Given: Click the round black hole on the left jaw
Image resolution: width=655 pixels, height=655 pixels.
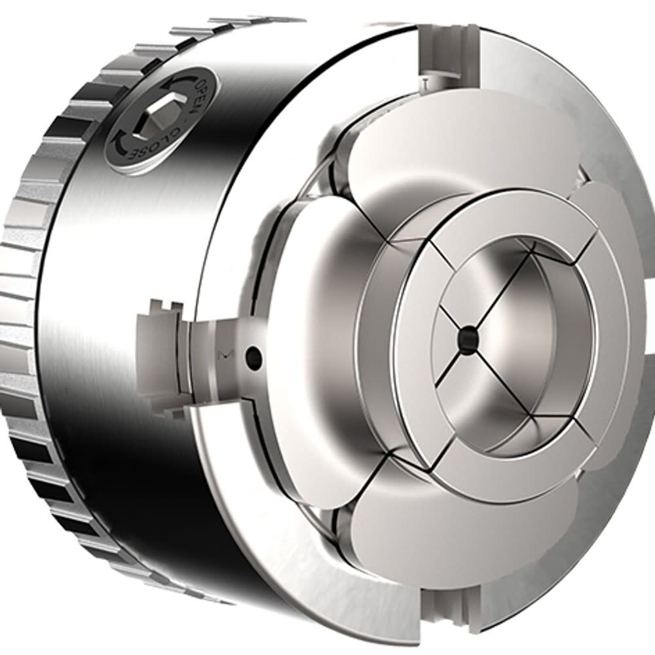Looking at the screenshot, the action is click(253, 357).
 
